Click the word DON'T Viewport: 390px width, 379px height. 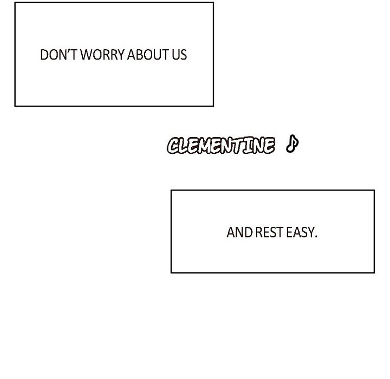point(58,55)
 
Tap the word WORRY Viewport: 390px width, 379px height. point(102,55)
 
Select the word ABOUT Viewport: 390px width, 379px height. point(148,55)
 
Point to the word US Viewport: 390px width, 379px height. point(179,55)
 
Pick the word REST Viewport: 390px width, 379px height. point(269,232)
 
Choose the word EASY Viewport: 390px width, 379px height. point(300,232)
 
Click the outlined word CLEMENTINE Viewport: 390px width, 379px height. point(221,145)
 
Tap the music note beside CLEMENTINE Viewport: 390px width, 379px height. point(292,143)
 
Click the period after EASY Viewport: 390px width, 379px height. point(316,237)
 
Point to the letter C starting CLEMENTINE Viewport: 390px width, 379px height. point(174,146)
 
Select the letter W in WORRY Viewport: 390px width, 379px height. point(86,55)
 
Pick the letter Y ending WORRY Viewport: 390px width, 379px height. point(121,55)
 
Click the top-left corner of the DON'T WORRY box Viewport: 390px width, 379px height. point(15,3)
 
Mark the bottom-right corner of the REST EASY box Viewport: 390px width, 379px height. point(374,272)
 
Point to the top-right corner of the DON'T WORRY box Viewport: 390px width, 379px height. point(213,3)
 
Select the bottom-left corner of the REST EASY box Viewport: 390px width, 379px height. point(171,272)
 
